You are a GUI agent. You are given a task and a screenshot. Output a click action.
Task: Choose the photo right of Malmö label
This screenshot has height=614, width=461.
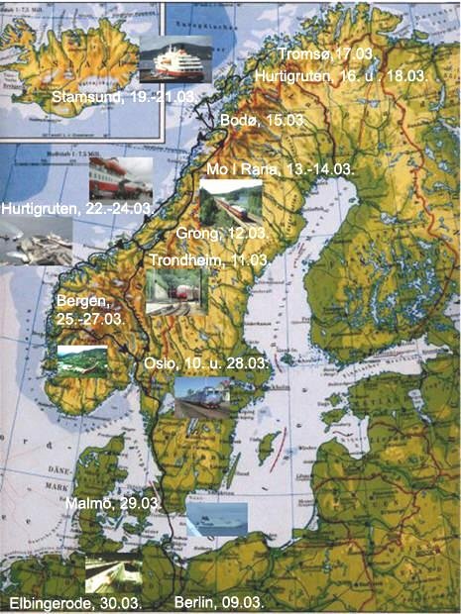tap(216, 520)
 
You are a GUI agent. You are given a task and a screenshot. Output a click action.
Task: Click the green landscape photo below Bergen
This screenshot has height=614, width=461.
tap(81, 363)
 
